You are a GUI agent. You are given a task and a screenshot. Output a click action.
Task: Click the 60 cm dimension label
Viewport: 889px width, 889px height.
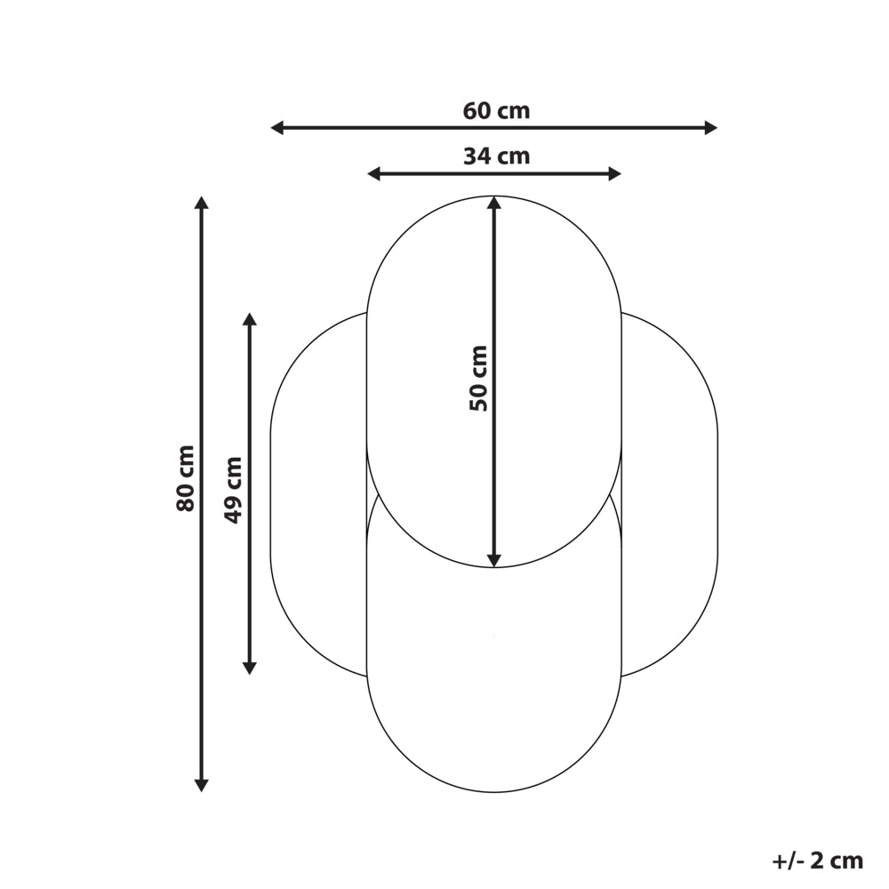click(x=496, y=110)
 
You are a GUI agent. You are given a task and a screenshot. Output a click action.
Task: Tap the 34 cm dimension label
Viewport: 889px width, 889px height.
click(x=496, y=156)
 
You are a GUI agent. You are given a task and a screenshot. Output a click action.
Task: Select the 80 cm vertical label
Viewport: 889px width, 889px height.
click(x=186, y=478)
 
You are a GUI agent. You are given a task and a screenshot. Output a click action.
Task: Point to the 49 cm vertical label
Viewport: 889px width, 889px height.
click(x=232, y=491)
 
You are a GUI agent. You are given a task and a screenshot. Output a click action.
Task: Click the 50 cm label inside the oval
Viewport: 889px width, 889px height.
click(x=478, y=378)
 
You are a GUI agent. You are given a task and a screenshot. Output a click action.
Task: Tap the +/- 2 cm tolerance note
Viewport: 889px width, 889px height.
click(x=818, y=861)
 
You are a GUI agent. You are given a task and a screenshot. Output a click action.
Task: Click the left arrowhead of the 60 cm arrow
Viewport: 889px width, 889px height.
click(x=277, y=127)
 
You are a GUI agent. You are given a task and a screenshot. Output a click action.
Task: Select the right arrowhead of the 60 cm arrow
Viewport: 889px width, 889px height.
click(x=711, y=127)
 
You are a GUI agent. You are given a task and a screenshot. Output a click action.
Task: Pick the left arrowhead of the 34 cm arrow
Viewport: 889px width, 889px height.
click(x=374, y=173)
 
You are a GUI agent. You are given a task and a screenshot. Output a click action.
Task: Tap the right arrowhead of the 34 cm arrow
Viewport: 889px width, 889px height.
click(x=614, y=173)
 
